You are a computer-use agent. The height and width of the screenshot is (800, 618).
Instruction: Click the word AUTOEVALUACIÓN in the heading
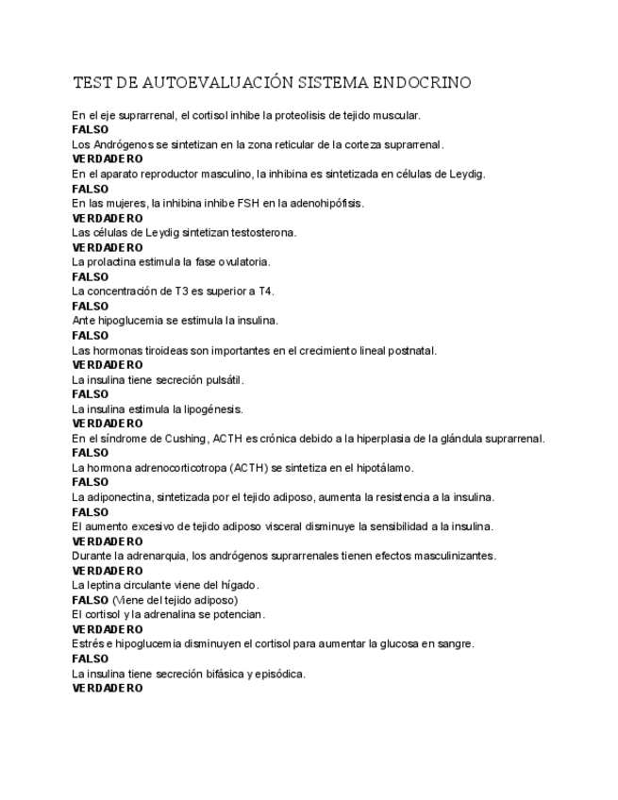(x=210, y=83)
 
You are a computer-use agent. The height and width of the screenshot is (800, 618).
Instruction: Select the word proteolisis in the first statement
(x=319, y=115)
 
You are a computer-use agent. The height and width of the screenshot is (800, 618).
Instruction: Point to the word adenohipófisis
(x=326, y=203)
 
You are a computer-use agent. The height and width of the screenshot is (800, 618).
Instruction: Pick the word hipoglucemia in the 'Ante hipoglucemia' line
(x=127, y=320)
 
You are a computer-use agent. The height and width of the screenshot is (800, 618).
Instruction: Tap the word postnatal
(x=411, y=350)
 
